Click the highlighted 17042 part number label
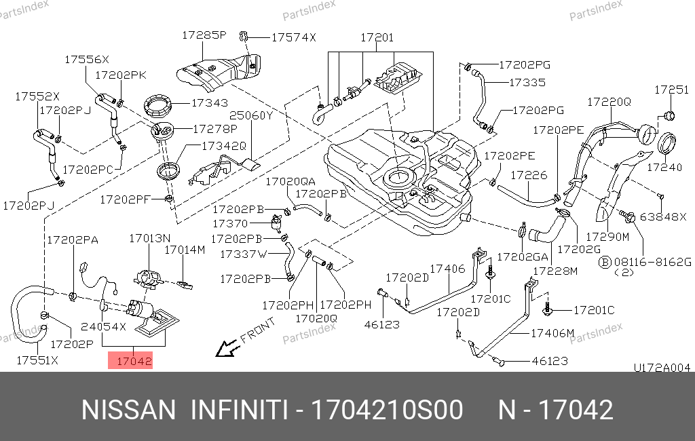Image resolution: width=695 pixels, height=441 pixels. point(130,361)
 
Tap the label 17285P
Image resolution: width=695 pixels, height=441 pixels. point(204,35)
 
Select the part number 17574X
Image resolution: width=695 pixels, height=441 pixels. point(293,38)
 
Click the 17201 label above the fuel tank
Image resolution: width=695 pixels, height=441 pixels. point(377,38)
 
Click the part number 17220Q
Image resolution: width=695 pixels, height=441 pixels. point(609,102)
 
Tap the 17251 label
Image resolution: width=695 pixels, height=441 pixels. point(671,90)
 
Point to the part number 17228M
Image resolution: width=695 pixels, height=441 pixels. point(555,271)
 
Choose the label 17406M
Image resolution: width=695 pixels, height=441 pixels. point(552,333)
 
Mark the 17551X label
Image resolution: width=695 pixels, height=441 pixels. point(37,360)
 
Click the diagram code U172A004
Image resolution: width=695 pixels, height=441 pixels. point(662,368)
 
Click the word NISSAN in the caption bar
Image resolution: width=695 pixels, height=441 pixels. point(128,410)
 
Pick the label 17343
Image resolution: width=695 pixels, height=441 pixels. point(209,103)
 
